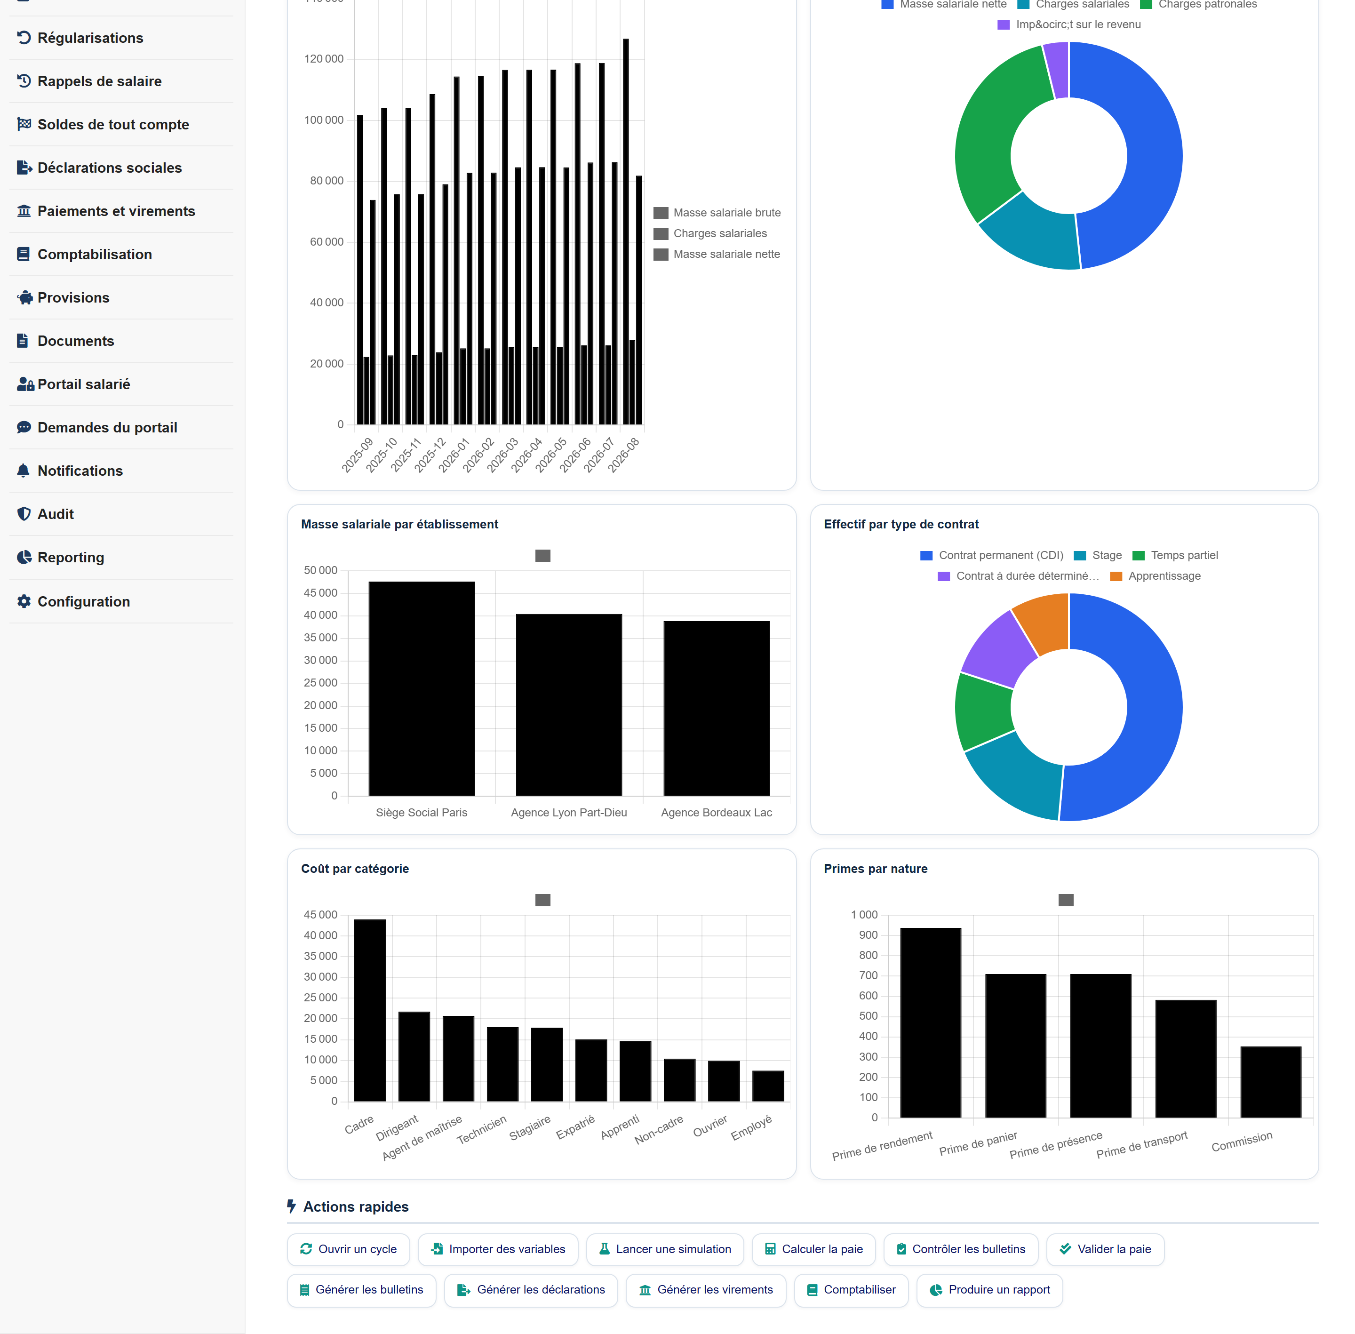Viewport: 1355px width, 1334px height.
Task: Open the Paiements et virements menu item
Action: pyautogui.click(x=116, y=211)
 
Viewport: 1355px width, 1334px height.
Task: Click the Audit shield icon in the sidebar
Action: pyautogui.click(x=24, y=513)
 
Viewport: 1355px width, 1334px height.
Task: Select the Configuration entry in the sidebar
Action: pyautogui.click(x=83, y=601)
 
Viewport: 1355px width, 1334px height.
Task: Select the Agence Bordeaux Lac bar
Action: pyautogui.click(x=716, y=708)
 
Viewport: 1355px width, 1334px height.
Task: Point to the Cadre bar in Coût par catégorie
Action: pyautogui.click(x=370, y=1010)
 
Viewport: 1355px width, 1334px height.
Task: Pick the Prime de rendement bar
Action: pyautogui.click(x=931, y=1022)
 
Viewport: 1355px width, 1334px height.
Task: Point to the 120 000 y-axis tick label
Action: pyautogui.click(x=324, y=59)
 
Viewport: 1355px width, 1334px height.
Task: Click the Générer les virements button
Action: pyautogui.click(x=706, y=1289)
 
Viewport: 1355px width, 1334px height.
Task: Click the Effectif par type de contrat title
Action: pyautogui.click(x=901, y=524)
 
